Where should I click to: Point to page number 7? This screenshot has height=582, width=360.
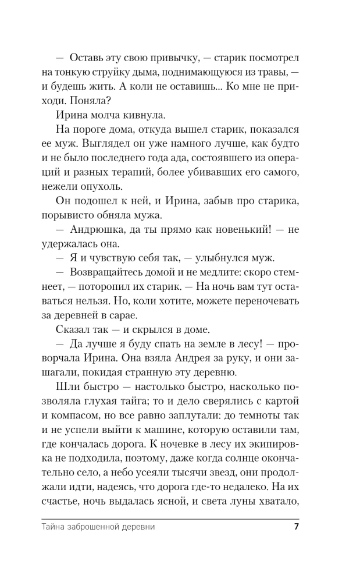[296, 528]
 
